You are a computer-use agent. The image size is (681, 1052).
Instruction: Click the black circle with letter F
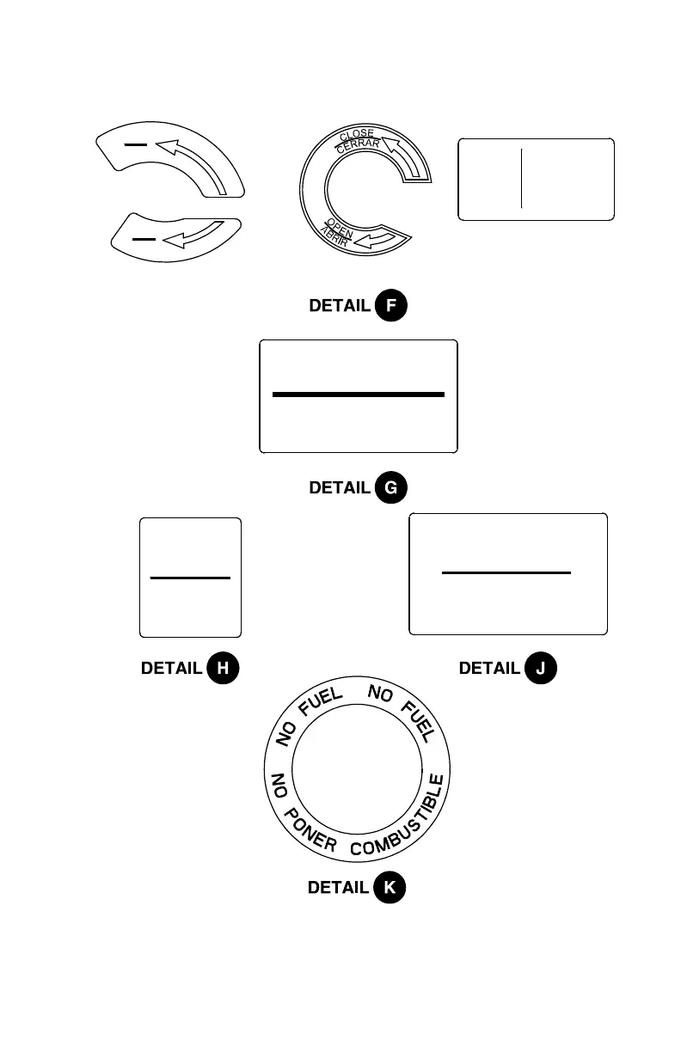click(391, 306)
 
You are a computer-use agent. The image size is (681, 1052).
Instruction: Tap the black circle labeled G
click(391, 488)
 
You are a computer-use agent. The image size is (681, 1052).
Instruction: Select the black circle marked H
click(223, 668)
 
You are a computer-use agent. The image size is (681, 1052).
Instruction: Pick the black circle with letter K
click(390, 888)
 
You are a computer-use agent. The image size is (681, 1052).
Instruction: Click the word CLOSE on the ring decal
click(356, 135)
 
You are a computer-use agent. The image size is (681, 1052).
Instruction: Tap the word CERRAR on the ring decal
click(358, 146)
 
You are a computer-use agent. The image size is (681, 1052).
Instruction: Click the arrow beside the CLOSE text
click(404, 156)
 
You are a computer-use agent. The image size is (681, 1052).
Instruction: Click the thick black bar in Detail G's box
click(358, 394)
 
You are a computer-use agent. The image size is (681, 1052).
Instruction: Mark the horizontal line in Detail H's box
click(190, 578)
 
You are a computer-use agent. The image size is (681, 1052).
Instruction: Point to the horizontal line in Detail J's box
click(506, 572)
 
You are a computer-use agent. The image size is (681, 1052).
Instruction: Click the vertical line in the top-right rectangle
click(521, 178)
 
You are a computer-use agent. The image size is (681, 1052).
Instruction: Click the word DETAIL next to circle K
click(339, 888)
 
